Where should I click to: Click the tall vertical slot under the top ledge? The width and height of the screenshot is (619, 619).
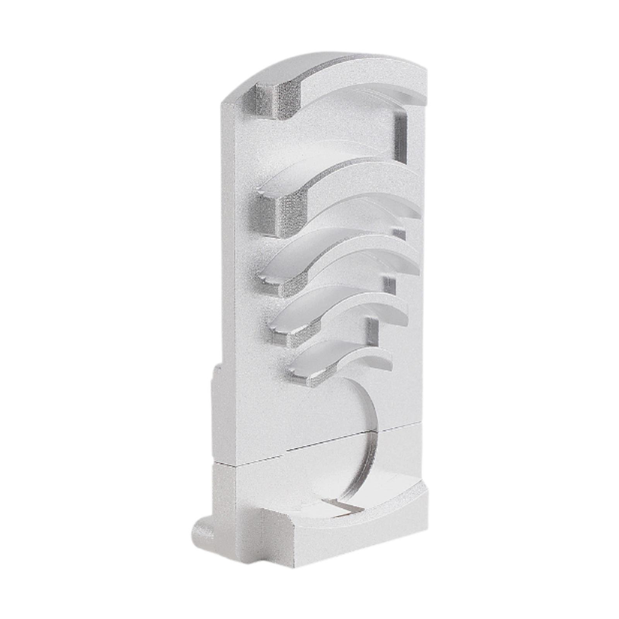[400, 135]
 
